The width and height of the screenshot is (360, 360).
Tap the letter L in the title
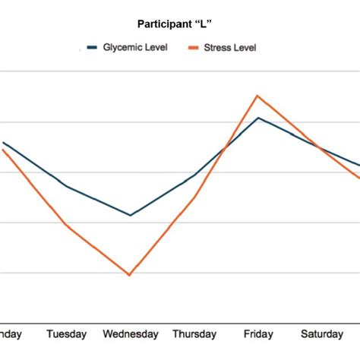209,24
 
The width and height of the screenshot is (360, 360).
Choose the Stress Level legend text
230,47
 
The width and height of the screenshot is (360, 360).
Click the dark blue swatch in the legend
92,47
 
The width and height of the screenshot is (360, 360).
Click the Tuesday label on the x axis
67,333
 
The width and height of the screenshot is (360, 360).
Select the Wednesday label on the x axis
131,333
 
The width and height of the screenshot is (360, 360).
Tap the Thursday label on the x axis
194,333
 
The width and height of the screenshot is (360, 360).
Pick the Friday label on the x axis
258,333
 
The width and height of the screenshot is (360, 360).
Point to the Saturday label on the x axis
323,333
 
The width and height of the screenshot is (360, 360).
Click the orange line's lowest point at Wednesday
130,275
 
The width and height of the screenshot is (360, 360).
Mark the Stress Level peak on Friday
258,96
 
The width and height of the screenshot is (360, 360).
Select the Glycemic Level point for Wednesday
130,215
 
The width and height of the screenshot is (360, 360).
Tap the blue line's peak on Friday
258,118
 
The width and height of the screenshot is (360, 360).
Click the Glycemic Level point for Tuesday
67,186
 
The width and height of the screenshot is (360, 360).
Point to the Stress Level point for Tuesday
67,225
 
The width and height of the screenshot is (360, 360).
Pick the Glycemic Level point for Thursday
194,175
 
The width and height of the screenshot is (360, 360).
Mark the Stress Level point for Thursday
194,197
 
